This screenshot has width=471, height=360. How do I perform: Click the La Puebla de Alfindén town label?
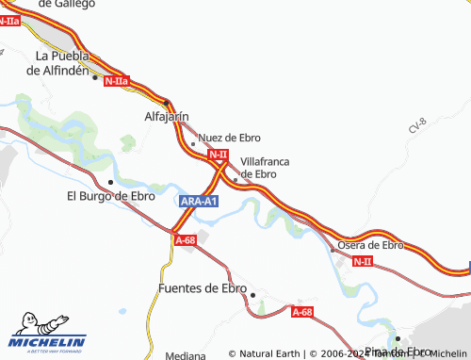pyautogui.click(x=61, y=62)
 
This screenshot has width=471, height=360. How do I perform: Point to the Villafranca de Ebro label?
pyautogui.click(x=265, y=168)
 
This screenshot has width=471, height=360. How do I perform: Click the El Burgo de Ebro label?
pyautogui.click(x=111, y=196)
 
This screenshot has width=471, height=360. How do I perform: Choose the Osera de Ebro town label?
pyautogui.click(x=370, y=244)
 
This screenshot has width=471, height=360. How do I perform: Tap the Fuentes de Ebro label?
pyautogui.click(x=203, y=288)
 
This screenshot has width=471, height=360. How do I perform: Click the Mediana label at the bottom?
pyautogui.click(x=184, y=355)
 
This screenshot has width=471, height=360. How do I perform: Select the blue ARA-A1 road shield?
pyautogui.click(x=199, y=202)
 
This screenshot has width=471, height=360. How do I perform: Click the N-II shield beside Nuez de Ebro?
pyautogui.click(x=218, y=154)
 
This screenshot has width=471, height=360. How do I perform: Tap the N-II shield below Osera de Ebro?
pyautogui.click(x=364, y=261)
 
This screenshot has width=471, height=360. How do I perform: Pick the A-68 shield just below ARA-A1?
pyautogui.click(x=185, y=240)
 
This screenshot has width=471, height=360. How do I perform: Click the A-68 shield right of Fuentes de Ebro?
pyautogui.click(x=301, y=312)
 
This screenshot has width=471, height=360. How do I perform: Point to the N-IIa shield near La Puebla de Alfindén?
pyautogui.click(x=118, y=81)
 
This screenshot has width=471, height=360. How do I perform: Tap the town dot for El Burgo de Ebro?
pyautogui.click(x=111, y=182)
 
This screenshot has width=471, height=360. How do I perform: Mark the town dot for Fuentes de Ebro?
pyautogui.click(x=252, y=294)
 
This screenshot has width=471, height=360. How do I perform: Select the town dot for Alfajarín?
pyautogui.click(x=166, y=102)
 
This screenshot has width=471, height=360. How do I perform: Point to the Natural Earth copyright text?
pyautogui.click(x=266, y=353)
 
